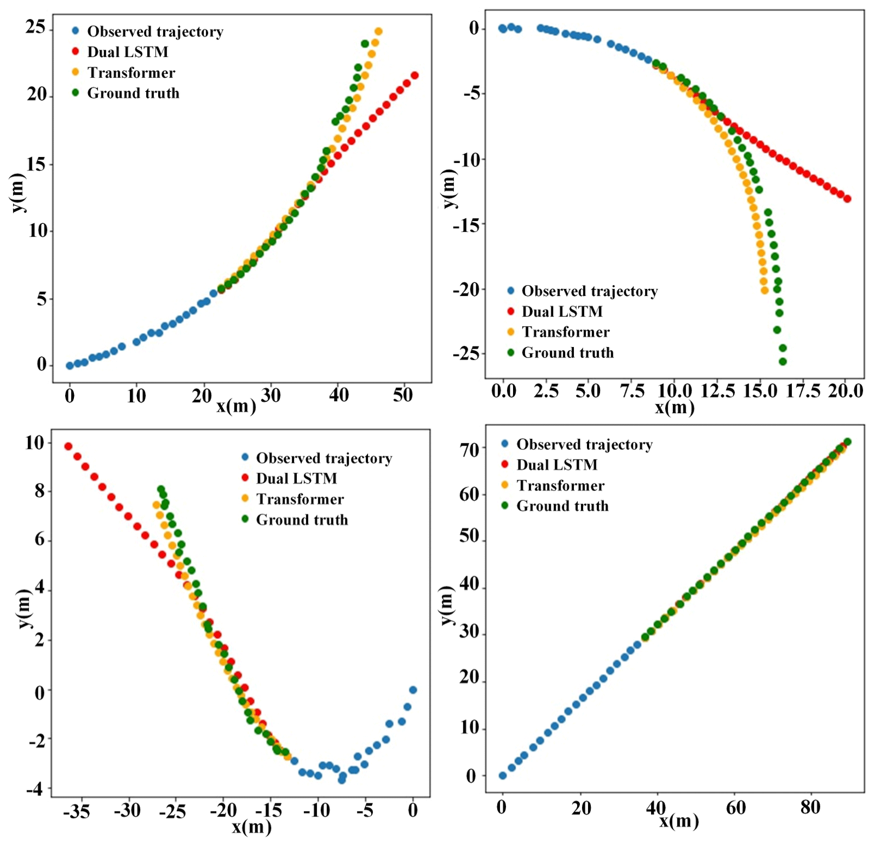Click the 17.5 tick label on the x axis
point(803,391)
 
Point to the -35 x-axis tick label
point(76,811)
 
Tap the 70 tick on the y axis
point(469,450)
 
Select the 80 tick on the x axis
point(810,807)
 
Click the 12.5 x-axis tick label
point(717,391)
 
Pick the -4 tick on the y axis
point(34,789)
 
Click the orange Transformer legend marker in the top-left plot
point(76,72)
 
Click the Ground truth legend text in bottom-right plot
point(562,506)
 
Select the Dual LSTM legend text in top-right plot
point(562,311)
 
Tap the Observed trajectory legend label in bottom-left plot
point(324,458)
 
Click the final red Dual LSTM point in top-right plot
point(848,199)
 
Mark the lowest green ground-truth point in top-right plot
point(782,361)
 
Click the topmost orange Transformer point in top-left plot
point(378,32)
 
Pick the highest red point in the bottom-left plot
point(68,447)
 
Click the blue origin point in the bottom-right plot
point(503,775)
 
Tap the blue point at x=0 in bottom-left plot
point(413,690)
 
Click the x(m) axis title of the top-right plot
point(675,407)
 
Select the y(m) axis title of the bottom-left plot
point(23,609)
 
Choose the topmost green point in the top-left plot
point(365,44)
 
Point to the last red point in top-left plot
point(415,76)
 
